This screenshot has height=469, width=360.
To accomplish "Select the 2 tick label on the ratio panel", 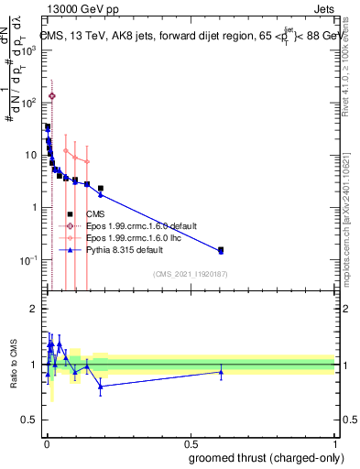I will click(x=33, y=309).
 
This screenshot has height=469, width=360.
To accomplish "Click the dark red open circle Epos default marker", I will click(x=52, y=95).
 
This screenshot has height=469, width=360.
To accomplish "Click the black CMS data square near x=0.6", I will click(x=221, y=249).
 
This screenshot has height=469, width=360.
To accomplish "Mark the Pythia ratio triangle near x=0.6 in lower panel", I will click(x=221, y=371).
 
